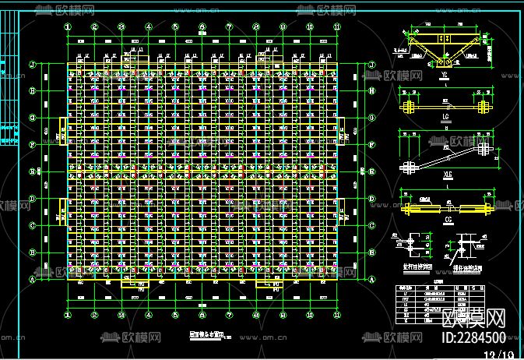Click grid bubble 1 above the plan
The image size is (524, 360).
pos(68,26)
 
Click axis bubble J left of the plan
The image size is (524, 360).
pos(32,65)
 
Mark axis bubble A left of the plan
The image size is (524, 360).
pos(32,279)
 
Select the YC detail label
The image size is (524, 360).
pos(444,76)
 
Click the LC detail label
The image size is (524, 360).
pos(445,119)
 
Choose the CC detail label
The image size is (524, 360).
pos(445,221)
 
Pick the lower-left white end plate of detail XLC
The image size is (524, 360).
pos(408,167)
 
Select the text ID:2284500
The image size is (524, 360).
pos(473,338)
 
